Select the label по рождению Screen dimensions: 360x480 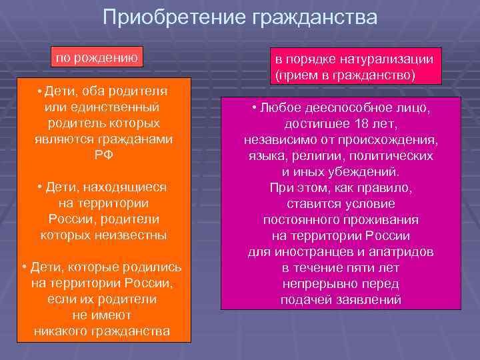(x=97, y=57)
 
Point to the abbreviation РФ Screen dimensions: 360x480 (x=103, y=155)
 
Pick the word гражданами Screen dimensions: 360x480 (x=137, y=139)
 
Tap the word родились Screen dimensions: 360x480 (x=155, y=267)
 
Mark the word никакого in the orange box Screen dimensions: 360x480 (x=65, y=331)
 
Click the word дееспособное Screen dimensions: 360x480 (x=355, y=108)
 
